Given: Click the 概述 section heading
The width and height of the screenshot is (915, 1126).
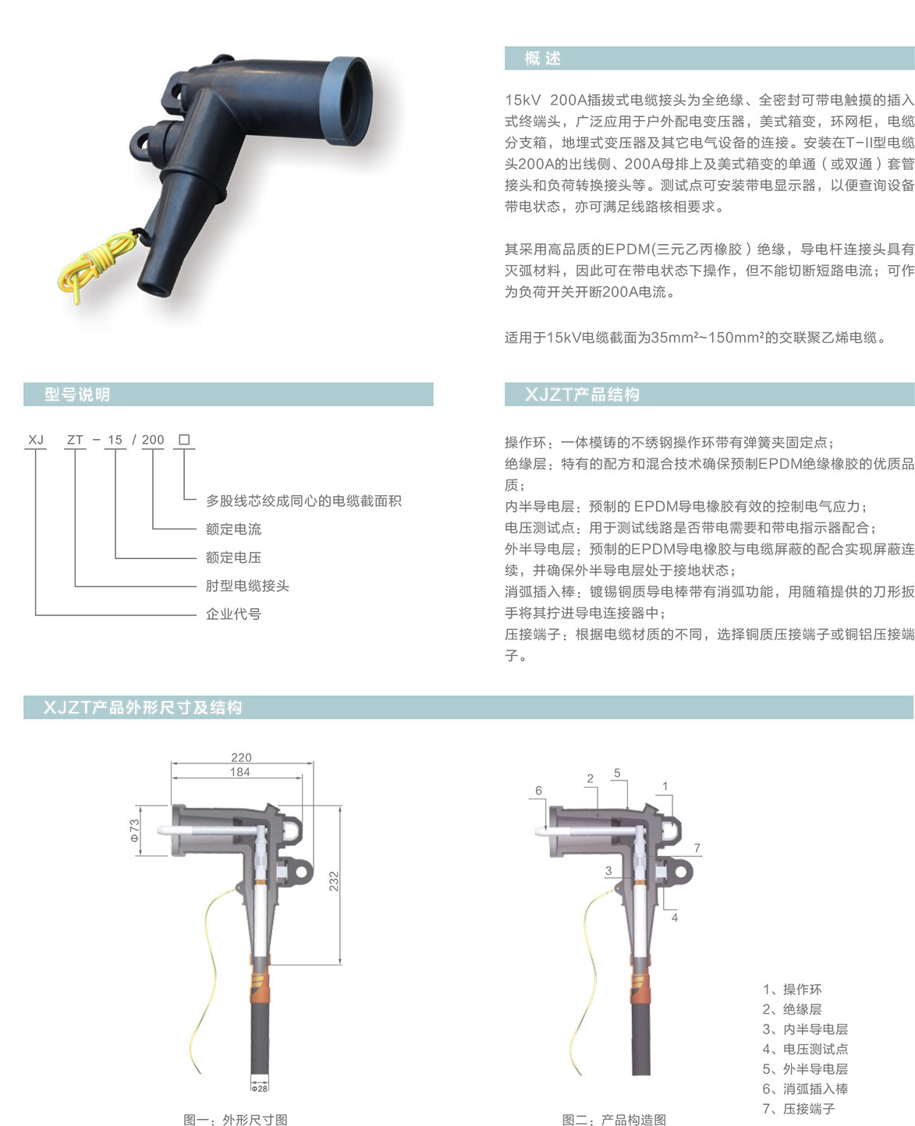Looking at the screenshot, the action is pyautogui.click(x=542, y=58).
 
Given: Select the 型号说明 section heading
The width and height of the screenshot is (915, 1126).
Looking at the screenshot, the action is pyautogui.click(x=77, y=395).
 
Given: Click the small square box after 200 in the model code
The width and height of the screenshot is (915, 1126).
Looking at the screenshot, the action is pyautogui.click(x=184, y=440).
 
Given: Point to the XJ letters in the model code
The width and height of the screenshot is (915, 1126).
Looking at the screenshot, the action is pyautogui.click(x=36, y=440).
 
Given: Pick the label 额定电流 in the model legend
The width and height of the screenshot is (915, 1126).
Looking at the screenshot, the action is pyautogui.click(x=233, y=529).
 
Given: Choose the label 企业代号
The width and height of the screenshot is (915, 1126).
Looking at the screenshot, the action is pyautogui.click(x=233, y=614).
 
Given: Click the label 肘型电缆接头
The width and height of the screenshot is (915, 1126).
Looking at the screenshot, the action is pyautogui.click(x=247, y=585).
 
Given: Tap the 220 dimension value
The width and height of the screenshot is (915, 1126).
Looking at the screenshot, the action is pyautogui.click(x=241, y=757).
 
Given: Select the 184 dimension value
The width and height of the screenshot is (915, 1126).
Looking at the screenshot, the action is pyautogui.click(x=240, y=772).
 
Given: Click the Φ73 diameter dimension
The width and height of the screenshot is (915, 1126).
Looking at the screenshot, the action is pyautogui.click(x=134, y=830).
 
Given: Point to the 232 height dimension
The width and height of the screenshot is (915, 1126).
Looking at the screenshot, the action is pyautogui.click(x=334, y=881).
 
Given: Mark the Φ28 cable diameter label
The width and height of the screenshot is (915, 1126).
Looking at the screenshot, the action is pyautogui.click(x=259, y=1089).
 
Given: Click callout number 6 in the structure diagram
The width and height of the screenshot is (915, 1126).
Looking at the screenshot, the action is pyautogui.click(x=538, y=791).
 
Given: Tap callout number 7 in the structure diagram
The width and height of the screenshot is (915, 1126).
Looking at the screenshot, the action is pyautogui.click(x=697, y=848).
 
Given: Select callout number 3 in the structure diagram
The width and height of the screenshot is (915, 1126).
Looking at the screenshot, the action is pyautogui.click(x=608, y=870).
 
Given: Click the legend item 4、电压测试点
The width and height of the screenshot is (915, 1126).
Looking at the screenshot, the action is pyautogui.click(x=805, y=1049).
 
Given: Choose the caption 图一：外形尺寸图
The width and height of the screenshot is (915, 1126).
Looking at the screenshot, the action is pyautogui.click(x=236, y=1120).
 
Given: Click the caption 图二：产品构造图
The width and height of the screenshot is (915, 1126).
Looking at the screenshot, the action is pyautogui.click(x=614, y=1120).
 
